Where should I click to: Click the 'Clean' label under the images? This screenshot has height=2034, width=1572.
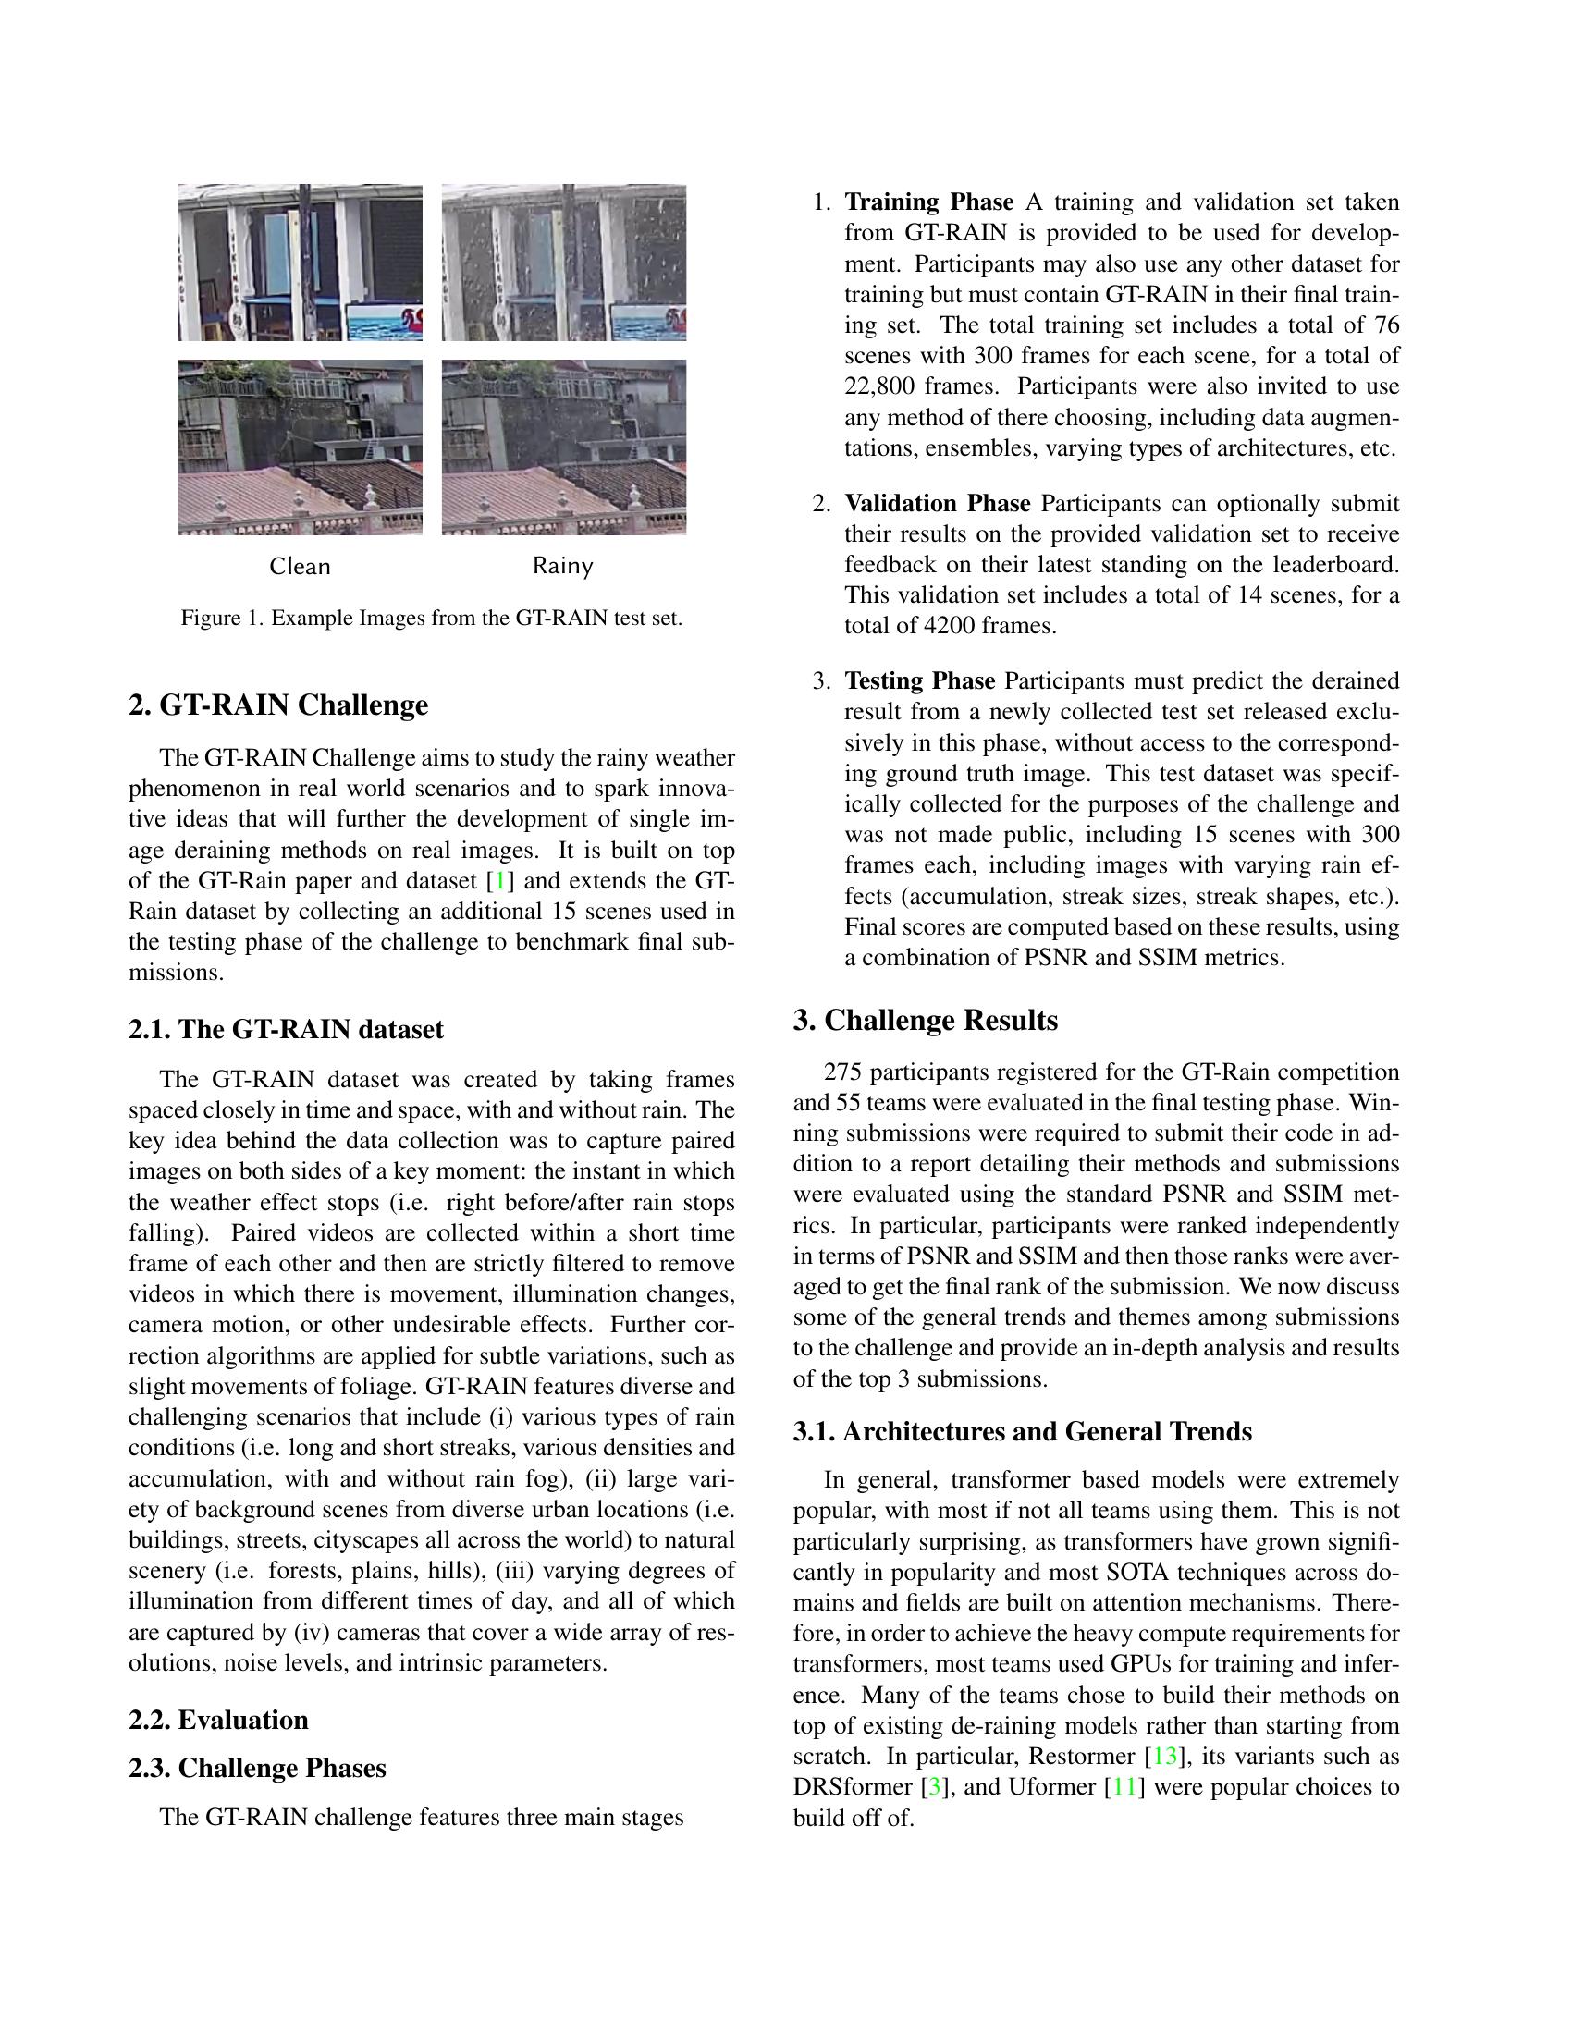click(x=299, y=566)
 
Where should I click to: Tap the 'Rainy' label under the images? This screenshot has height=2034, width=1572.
click(x=562, y=566)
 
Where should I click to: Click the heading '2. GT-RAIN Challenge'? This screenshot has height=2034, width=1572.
click(x=277, y=705)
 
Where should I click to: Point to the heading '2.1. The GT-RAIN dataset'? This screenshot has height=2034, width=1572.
click(x=286, y=1029)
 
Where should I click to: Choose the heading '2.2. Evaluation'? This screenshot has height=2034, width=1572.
click(x=218, y=1720)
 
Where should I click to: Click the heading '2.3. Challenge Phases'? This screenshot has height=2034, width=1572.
click(x=257, y=1768)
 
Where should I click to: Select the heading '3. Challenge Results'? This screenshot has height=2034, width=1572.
click(x=925, y=1020)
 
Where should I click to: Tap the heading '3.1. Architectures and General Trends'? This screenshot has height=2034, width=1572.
click(x=1022, y=1430)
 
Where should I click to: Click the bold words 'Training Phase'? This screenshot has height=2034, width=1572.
click(x=928, y=202)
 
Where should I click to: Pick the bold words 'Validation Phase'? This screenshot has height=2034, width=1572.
click(x=937, y=504)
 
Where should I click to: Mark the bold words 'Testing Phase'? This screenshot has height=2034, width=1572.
click(x=919, y=680)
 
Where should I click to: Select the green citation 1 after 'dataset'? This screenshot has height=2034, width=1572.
click(x=501, y=881)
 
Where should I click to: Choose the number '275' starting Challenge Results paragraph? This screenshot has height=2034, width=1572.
click(x=842, y=1072)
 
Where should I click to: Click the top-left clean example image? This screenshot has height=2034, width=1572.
click(x=300, y=263)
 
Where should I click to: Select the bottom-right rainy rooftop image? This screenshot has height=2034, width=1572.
click(x=563, y=447)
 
